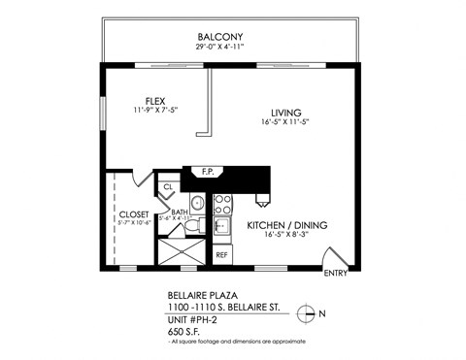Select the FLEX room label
pyautogui.click(x=155, y=101)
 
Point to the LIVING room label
pyautogui.click(x=285, y=113)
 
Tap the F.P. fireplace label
pyautogui.click(x=207, y=173)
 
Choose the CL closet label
pyautogui.click(x=168, y=186)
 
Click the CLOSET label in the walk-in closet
pyautogui.click(x=133, y=214)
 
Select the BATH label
pyautogui.click(x=180, y=212)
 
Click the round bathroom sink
pyautogui.click(x=196, y=203)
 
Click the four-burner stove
pyautogui.click(x=222, y=204)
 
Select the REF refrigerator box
pyautogui.click(x=221, y=254)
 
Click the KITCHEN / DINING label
pyautogui.click(x=286, y=225)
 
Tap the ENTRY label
pyautogui.click(x=334, y=274)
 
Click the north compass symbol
pyautogui.click(x=308, y=312)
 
